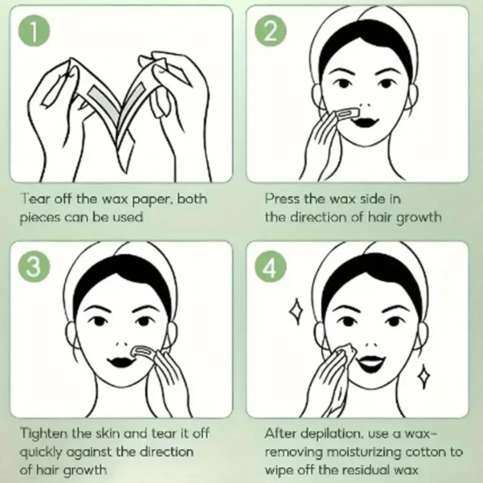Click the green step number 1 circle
point(34,31)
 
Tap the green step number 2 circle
point(270,31)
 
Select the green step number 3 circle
point(34,267)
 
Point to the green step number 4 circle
point(270,267)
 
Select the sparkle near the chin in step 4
point(423,376)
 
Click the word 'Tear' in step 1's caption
point(34,199)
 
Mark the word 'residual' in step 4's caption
point(367,470)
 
